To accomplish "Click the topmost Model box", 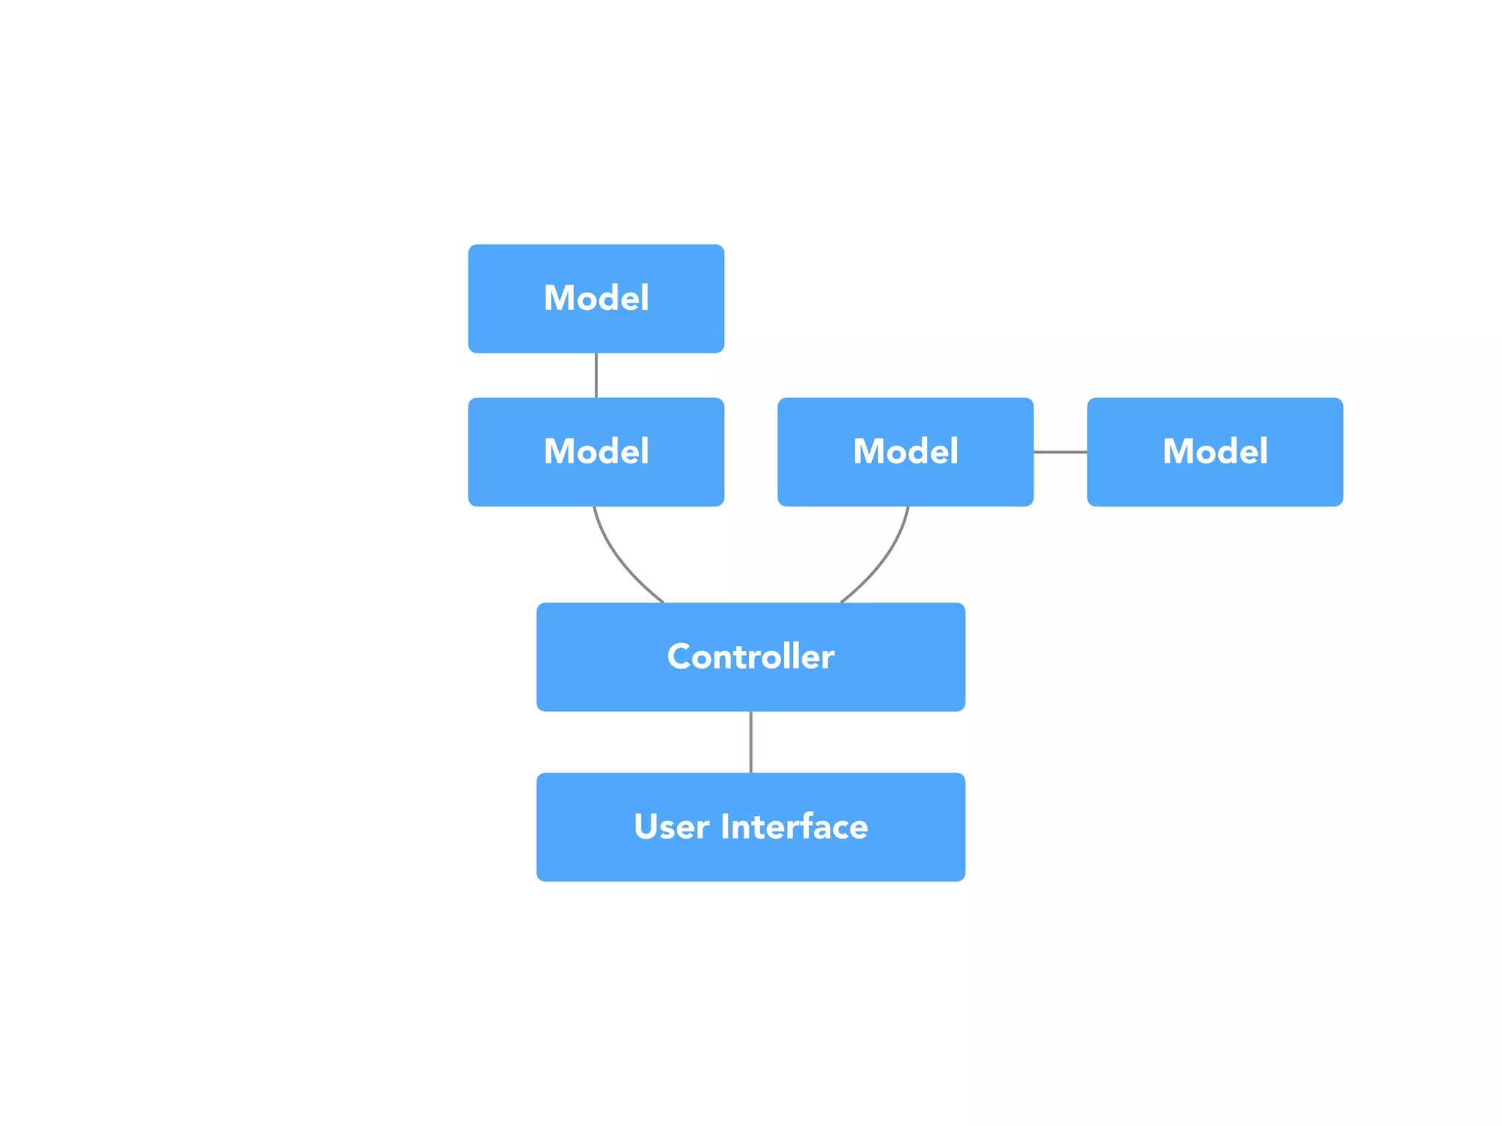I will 596,298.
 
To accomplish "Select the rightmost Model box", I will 1215,452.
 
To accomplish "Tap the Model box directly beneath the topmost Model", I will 596,452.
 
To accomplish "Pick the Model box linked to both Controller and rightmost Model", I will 905,452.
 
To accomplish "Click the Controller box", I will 750,657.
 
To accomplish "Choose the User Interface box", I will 750,827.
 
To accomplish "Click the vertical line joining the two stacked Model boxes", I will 596,375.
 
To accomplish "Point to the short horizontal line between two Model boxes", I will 1060,452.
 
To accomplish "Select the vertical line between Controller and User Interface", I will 750,742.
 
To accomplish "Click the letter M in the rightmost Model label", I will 1179,452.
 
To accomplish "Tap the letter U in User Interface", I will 647,826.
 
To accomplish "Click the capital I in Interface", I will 725,826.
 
